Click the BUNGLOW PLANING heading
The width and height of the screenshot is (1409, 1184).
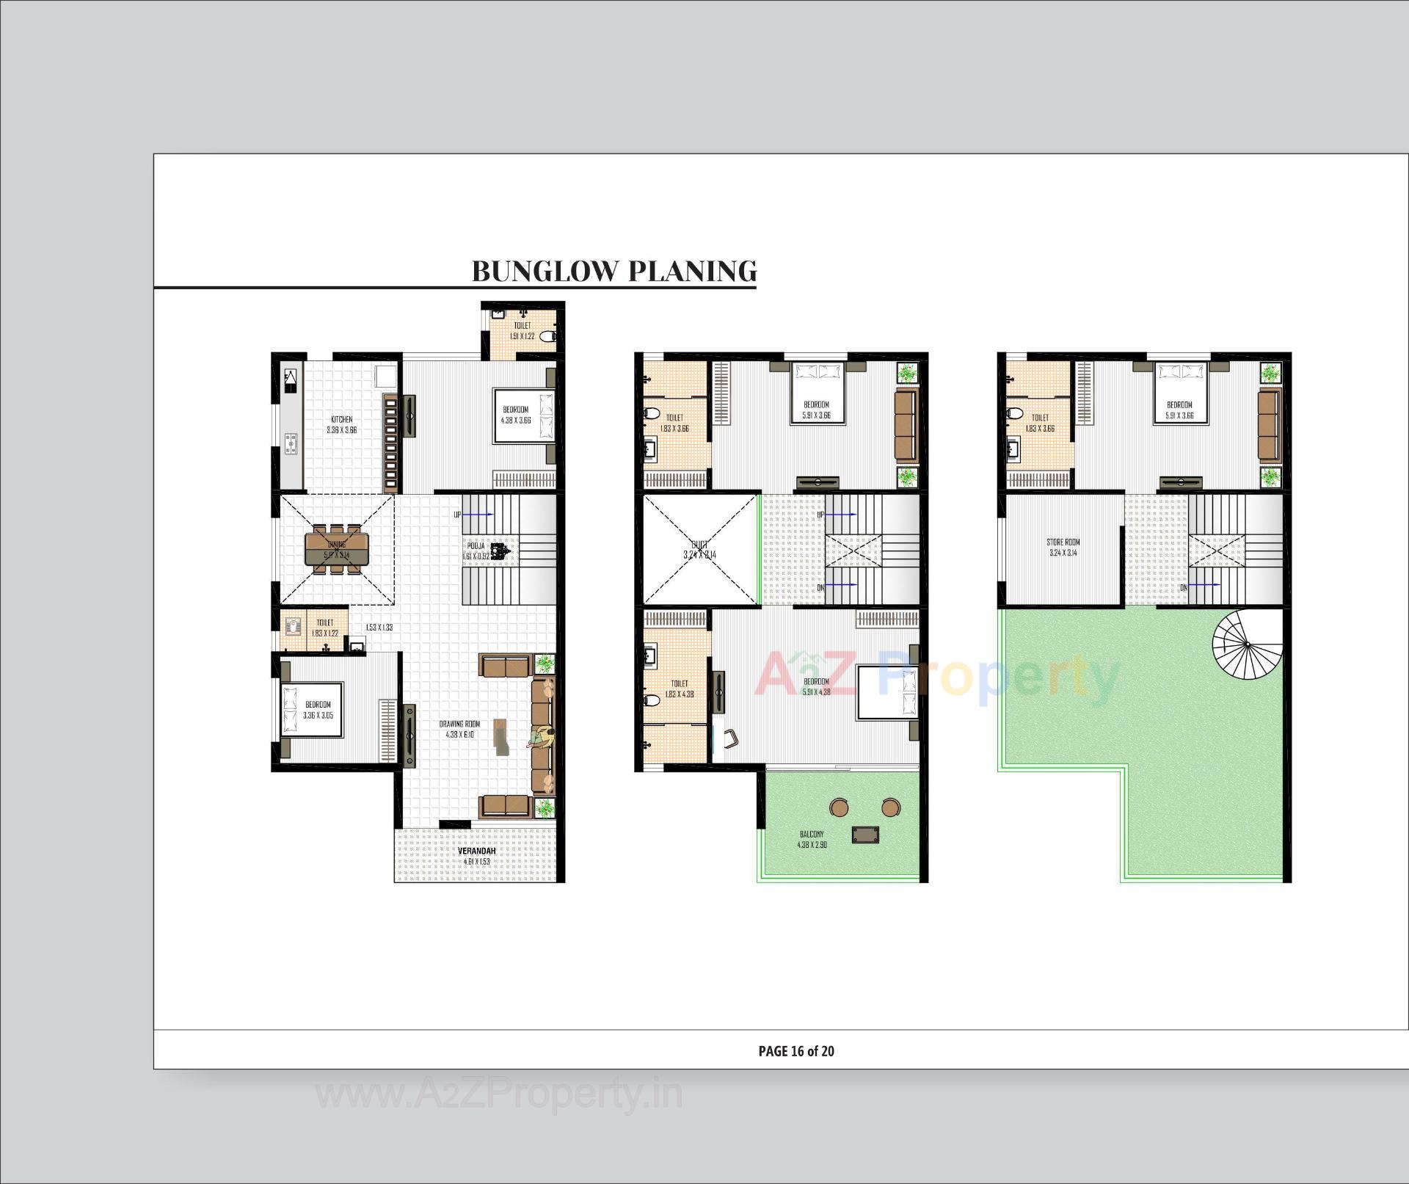614,271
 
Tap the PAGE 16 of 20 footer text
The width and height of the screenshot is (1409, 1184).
795,1050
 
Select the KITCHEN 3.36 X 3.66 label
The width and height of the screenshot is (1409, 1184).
341,425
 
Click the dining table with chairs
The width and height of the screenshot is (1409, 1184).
338,548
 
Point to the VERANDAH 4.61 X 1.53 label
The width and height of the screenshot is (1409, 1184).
476,856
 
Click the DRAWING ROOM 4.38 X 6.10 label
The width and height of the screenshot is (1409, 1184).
459,729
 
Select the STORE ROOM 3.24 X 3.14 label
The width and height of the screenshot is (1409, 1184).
1063,548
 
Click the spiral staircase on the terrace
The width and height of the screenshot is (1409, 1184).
1246,644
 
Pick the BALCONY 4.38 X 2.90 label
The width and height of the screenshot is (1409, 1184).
812,839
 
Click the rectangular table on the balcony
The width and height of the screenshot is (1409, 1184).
864,835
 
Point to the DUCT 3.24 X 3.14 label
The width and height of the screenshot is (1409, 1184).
699,550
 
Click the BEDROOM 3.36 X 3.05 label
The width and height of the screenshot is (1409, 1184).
318,709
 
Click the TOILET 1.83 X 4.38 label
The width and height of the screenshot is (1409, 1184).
679,688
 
